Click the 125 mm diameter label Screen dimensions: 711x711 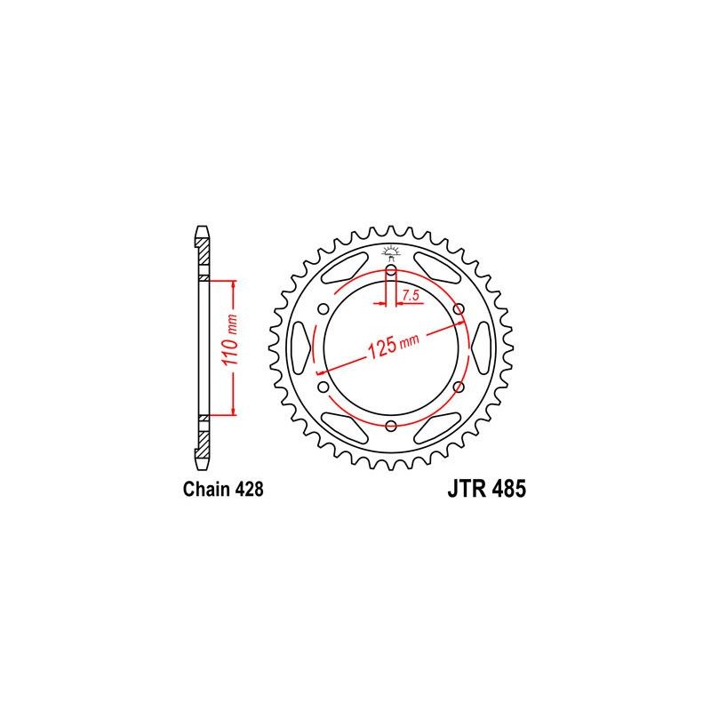[393, 346]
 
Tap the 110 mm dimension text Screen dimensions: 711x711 [230, 340]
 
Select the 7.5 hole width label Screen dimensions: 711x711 [410, 296]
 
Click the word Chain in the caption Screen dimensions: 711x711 [207, 490]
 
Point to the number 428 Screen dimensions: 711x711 [249, 490]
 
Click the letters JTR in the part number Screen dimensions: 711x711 [467, 489]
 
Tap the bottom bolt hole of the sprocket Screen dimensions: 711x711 [391, 427]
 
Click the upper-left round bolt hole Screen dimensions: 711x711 [324, 309]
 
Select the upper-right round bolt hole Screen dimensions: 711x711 [459, 309]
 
